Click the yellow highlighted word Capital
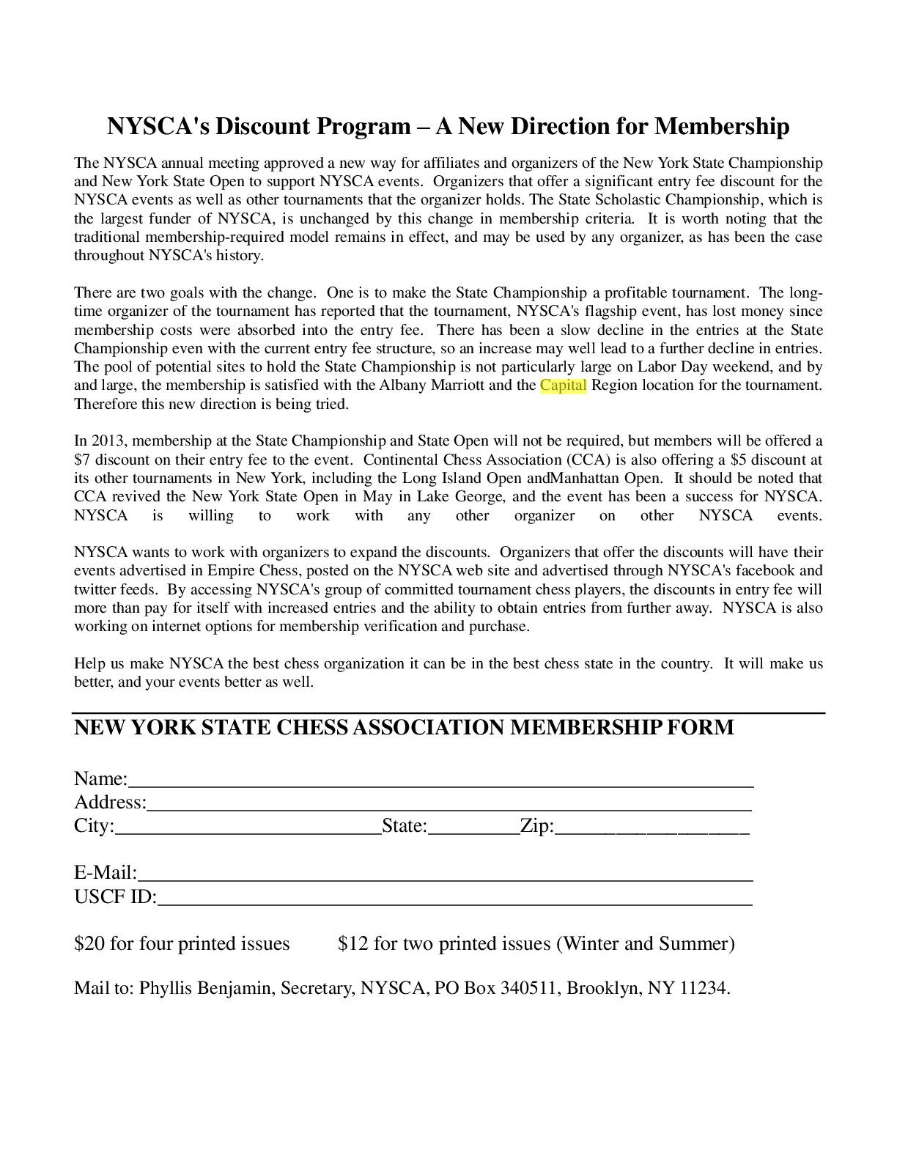pos(563,385)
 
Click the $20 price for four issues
pos(89,943)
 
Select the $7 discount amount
pos(81,460)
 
